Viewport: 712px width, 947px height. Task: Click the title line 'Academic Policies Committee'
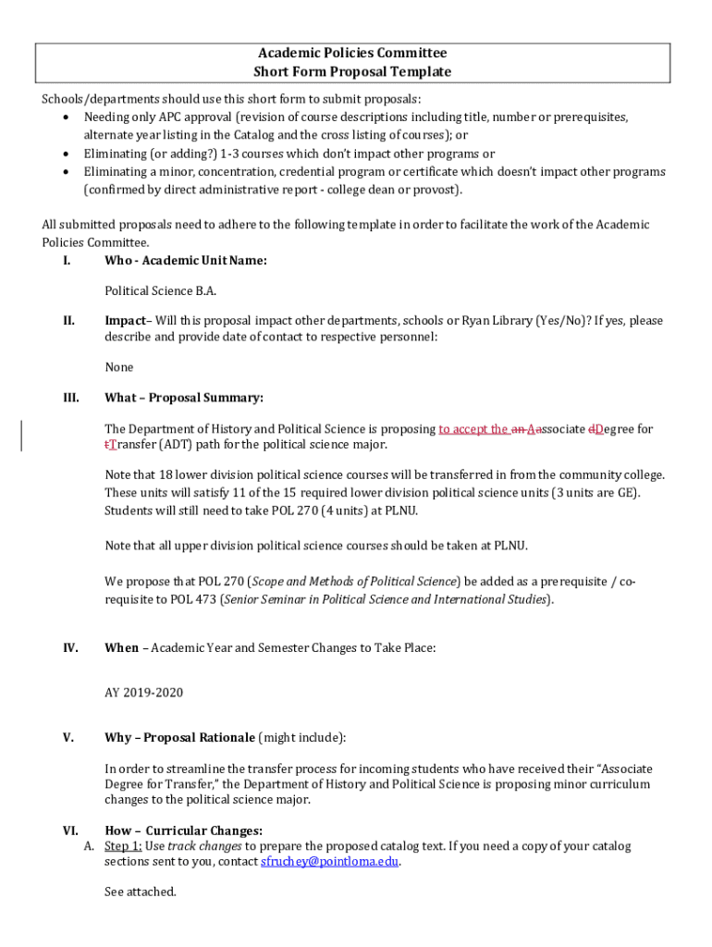pyautogui.click(x=351, y=54)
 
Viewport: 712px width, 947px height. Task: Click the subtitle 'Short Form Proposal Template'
pyautogui.click(x=351, y=72)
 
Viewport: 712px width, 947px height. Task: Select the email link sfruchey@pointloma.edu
pyautogui.click(x=330, y=862)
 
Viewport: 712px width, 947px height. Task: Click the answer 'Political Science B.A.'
pyautogui.click(x=160, y=291)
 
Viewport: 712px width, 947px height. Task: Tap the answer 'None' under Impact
pyautogui.click(x=119, y=368)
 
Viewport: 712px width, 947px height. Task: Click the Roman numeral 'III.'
pyautogui.click(x=70, y=399)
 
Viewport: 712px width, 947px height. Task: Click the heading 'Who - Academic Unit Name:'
pyautogui.click(x=186, y=261)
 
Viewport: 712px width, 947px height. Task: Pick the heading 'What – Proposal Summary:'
pyautogui.click(x=184, y=399)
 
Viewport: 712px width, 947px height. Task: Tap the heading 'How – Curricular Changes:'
pyautogui.click(x=183, y=831)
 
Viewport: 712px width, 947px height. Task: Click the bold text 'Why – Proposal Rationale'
pyautogui.click(x=179, y=738)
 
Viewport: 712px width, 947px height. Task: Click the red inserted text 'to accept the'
pyautogui.click(x=473, y=429)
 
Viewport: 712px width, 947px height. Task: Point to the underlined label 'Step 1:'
pyautogui.click(x=123, y=846)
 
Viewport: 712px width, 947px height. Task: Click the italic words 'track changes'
pyautogui.click(x=205, y=846)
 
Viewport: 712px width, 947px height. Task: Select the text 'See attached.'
pyautogui.click(x=140, y=892)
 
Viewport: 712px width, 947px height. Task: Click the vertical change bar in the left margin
pyautogui.click(x=22, y=436)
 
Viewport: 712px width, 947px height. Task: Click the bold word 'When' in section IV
pyautogui.click(x=121, y=648)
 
